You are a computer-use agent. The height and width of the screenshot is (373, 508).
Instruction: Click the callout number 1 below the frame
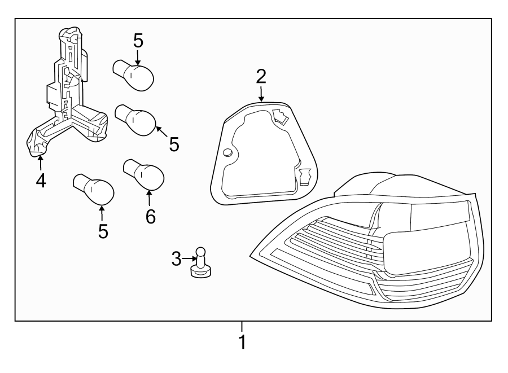click(x=242, y=341)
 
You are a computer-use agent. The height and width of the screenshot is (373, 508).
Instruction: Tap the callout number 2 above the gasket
click(x=261, y=76)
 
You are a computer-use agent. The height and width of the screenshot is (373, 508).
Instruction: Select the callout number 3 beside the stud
click(x=177, y=259)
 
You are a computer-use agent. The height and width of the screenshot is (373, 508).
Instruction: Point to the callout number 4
click(x=41, y=180)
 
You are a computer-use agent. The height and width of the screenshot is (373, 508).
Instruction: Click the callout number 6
click(x=150, y=216)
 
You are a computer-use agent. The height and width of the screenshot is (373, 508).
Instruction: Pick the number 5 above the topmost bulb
click(x=138, y=41)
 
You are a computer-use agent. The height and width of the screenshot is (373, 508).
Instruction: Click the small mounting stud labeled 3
click(x=200, y=264)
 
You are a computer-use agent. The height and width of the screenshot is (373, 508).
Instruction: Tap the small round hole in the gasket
click(x=227, y=153)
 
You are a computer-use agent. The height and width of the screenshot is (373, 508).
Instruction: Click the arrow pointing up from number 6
click(x=150, y=198)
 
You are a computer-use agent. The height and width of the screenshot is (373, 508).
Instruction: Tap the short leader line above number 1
click(x=242, y=326)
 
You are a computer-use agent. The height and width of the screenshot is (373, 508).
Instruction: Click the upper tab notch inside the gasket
click(x=280, y=117)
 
